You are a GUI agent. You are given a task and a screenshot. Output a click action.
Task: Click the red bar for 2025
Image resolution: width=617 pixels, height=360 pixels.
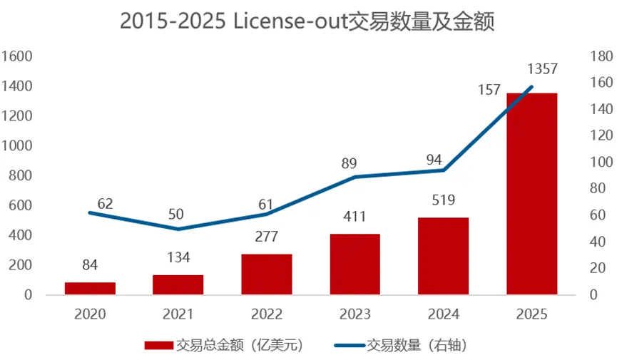pyautogui.click(x=531, y=193)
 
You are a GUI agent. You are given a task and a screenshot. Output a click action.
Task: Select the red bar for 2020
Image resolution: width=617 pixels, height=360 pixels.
pyautogui.click(x=90, y=288)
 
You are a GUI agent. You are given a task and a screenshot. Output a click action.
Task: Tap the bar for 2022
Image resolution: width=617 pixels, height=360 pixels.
pyautogui.click(x=267, y=274)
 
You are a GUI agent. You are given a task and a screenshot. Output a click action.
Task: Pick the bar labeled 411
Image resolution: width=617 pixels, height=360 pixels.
pyautogui.click(x=355, y=264)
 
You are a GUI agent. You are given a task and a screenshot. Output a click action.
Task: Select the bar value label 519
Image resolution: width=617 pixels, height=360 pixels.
pyautogui.click(x=443, y=200)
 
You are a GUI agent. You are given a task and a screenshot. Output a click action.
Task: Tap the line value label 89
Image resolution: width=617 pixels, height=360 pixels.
pyautogui.click(x=349, y=163)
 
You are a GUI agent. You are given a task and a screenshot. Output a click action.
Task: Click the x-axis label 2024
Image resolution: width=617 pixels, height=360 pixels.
pyautogui.click(x=443, y=314)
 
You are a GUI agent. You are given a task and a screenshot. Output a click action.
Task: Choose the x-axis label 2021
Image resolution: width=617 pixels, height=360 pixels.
pyautogui.click(x=178, y=314)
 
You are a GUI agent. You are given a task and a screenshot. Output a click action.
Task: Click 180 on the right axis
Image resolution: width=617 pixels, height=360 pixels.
pyautogui.click(x=598, y=56)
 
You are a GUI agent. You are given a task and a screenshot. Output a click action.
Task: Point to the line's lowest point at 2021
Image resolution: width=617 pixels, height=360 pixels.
pyautogui.click(x=178, y=229)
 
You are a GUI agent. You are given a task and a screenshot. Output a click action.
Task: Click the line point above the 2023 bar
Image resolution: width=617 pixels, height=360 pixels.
pyautogui.click(x=355, y=177)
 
